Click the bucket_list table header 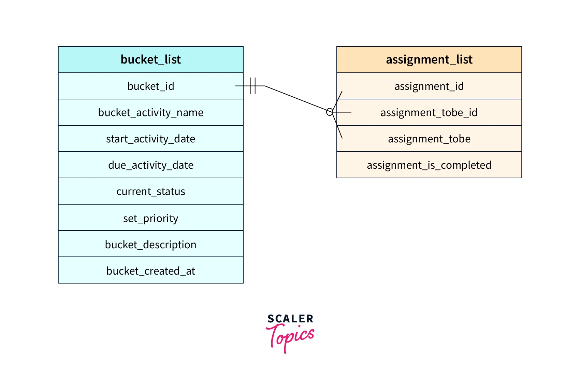(x=150, y=59)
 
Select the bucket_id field (x=150, y=86)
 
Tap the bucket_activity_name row (x=150, y=112)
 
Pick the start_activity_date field (x=150, y=139)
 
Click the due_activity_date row (x=150, y=165)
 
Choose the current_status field (x=150, y=191)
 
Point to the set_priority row (x=150, y=218)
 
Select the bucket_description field (x=150, y=244)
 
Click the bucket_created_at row (x=150, y=270)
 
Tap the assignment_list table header (x=429, y=59)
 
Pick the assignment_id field (x=429, y=86)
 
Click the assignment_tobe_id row (x=429, y=112)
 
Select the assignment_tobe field (x=429, y=139)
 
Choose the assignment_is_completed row (x=429, y=165)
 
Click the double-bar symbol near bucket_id (x=252, y=86)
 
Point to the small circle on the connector (x=330, y=112)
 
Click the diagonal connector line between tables (x=295, y=98)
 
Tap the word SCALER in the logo (x=290, y=319)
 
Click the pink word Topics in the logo (x=290, y=337)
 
